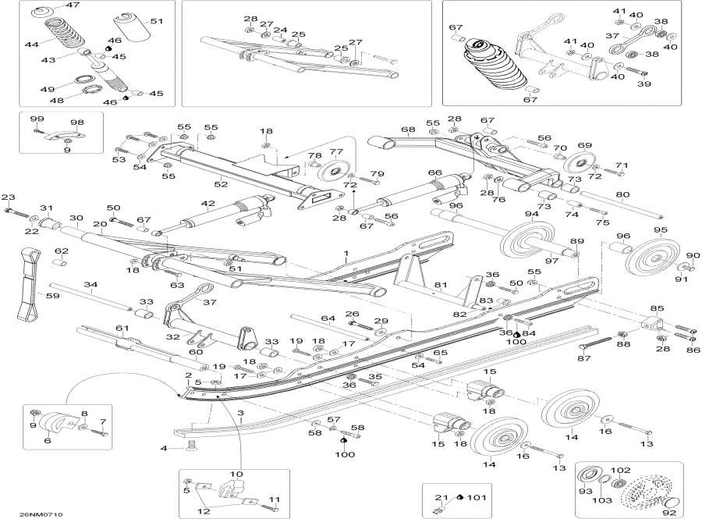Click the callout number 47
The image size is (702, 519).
(x=72, y=6)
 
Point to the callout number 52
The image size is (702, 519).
(x=221, y=184)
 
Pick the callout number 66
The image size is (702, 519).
(x=434, y=172)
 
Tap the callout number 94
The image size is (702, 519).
(x=531, y=214)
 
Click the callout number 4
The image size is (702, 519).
(x=163, y=448)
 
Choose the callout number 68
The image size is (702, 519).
(x=407, y=130)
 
